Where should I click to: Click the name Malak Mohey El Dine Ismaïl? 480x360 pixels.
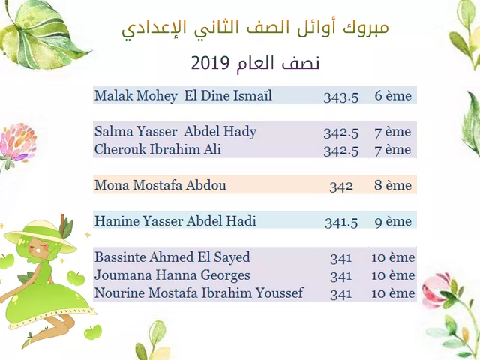(x=183, y=95)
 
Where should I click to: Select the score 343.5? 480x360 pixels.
(x=341, y=97)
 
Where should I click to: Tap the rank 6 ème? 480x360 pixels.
(x=393, y=95)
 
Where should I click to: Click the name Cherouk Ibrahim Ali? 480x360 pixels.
(x=157, y=149)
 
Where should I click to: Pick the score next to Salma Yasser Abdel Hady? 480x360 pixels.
(x=341, y=133)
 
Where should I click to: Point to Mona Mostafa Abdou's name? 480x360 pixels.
(x=160, y=185)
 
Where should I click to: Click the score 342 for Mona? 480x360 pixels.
(x=341, y=186)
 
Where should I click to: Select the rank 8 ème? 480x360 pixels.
(x=393, y=185)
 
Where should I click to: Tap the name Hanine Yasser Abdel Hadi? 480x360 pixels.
(x=175, y=221)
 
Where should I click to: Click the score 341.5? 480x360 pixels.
(x=341, y=222)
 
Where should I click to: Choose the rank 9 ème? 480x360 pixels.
(x=393, y=221)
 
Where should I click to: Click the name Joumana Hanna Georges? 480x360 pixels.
(x=172, y=275)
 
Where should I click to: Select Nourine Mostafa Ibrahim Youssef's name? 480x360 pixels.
(x=199, y=292)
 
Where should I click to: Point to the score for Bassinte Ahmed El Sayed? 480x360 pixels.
(x=341, y=258)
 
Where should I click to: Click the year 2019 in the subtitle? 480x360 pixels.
(x=210, y=63)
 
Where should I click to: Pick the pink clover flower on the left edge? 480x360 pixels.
(x=18, y=142)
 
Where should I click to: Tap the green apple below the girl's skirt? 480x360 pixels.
(x=93, y=332)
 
